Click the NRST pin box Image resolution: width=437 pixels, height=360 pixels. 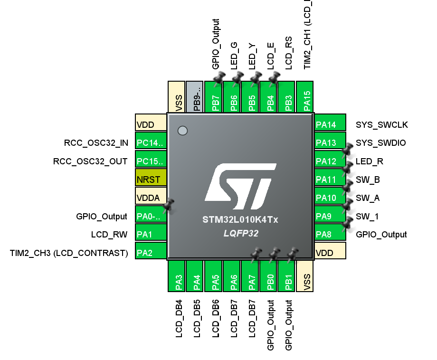(x=151, y=180)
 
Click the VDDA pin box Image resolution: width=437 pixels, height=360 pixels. (x=151, y=198)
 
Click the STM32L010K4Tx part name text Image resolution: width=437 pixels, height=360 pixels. (x=240, y=220)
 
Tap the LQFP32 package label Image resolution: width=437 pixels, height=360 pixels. (x=240, y=234)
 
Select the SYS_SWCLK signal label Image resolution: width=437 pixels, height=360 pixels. (x=382, y=125)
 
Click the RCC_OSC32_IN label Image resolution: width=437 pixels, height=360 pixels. (x=96, y=143)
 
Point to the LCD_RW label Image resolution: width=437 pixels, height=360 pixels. (x=109, y=235)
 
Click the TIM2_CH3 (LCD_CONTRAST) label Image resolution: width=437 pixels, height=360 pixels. (x=69, y=253)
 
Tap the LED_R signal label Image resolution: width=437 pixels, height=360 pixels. (x=369, y=161)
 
